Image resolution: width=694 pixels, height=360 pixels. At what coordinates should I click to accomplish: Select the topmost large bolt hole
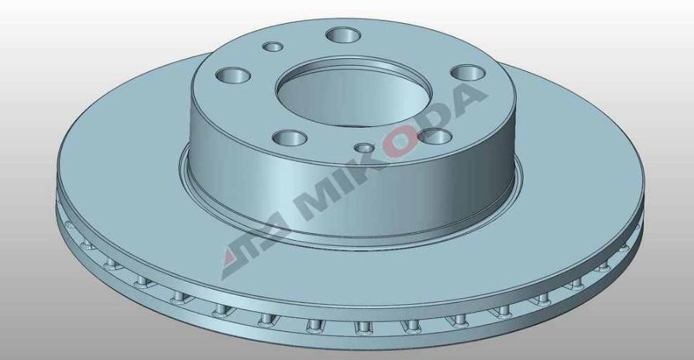tap(343, 35)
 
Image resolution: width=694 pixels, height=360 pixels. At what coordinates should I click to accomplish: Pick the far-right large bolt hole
tap(466, 72)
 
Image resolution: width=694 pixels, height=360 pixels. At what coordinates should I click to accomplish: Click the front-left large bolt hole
tap(288, 137)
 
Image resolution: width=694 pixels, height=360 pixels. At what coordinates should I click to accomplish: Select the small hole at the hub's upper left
tap(273, 47)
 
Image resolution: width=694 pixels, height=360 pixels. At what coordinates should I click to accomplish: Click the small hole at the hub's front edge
tap(363, 148)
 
